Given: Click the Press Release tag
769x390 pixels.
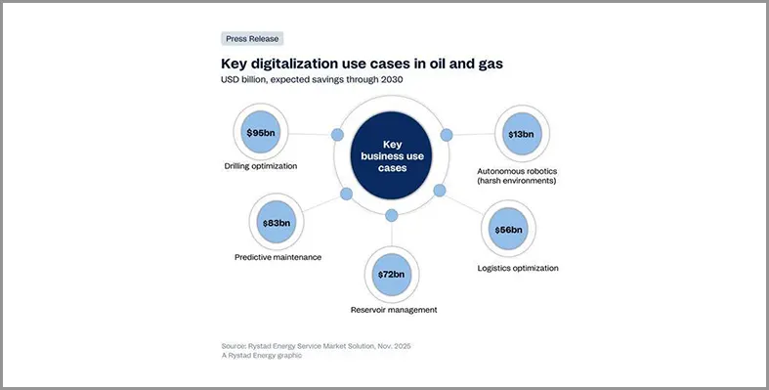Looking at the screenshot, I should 252,39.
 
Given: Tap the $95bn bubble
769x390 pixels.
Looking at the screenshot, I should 261,132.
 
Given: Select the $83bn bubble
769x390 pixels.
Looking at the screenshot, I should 277,223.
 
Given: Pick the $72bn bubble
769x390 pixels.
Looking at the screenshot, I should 392,275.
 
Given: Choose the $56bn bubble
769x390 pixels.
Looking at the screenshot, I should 509,231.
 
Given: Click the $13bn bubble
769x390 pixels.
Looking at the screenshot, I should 521,133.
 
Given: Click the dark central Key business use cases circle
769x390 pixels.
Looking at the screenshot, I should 392,154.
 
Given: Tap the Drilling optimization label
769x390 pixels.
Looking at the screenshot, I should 260,166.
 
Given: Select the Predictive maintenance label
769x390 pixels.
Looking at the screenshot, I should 278,257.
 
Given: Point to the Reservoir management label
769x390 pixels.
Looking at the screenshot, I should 393,310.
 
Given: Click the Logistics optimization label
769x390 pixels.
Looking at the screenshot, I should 518,268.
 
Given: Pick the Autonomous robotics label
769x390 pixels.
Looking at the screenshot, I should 516,175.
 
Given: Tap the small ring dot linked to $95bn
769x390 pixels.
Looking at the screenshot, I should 337,134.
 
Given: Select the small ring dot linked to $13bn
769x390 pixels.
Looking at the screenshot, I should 447,134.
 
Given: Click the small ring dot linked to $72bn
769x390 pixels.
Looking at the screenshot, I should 392,215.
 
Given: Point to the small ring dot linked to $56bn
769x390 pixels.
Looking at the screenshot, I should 440,190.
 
